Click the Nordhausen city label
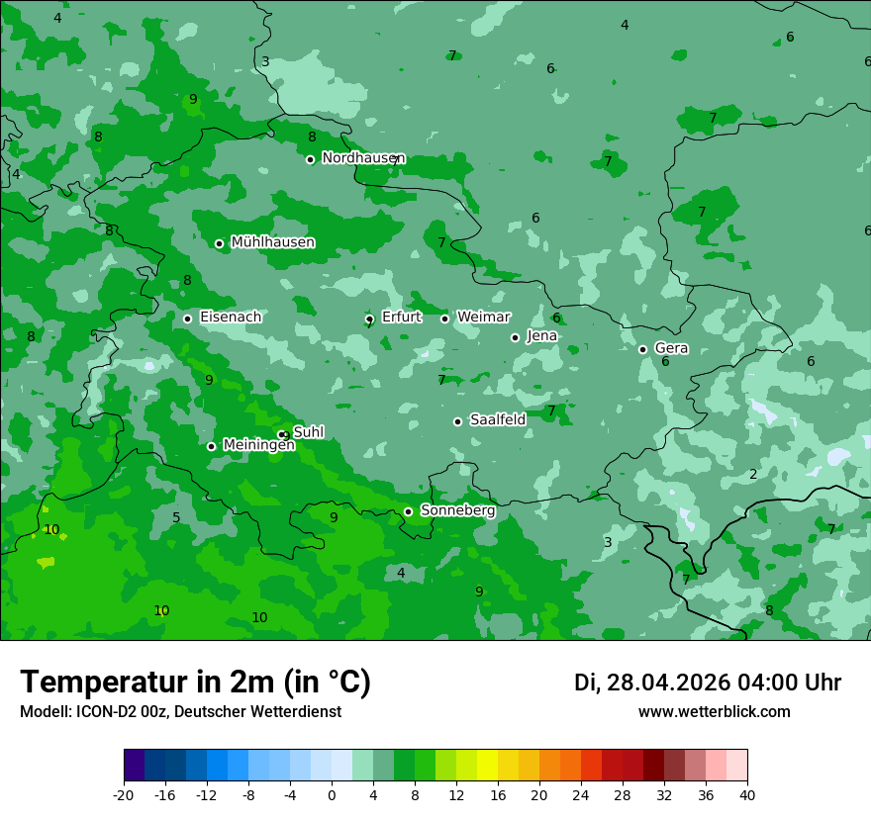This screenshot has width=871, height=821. pos(363,158)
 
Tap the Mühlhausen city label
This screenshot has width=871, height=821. pos(272,242)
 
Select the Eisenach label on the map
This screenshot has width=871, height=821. pos(231,318)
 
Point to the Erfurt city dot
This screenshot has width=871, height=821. pos(369,319)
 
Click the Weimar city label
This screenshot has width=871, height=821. pos(483,318)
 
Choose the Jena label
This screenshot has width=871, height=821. pos(542,336)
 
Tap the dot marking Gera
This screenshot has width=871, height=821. pos(642,349)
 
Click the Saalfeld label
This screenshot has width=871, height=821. pos(498,420)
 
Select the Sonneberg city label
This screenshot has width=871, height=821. pos(457,510)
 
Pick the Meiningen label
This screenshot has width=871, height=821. pos(258,446)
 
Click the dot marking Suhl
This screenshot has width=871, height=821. pos(284,434)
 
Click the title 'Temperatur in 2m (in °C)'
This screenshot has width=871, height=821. pos(195,683)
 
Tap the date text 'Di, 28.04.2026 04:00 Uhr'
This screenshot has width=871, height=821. pos(708,684)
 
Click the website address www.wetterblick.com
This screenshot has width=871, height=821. pos(714,712)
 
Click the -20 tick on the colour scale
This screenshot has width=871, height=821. pos(124,795)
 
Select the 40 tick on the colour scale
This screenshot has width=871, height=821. pos(747,795)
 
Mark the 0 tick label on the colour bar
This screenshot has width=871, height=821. pos(332,795)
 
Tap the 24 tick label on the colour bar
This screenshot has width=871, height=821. pos(581,795)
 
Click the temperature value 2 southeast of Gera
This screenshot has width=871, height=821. pos(753,475)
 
